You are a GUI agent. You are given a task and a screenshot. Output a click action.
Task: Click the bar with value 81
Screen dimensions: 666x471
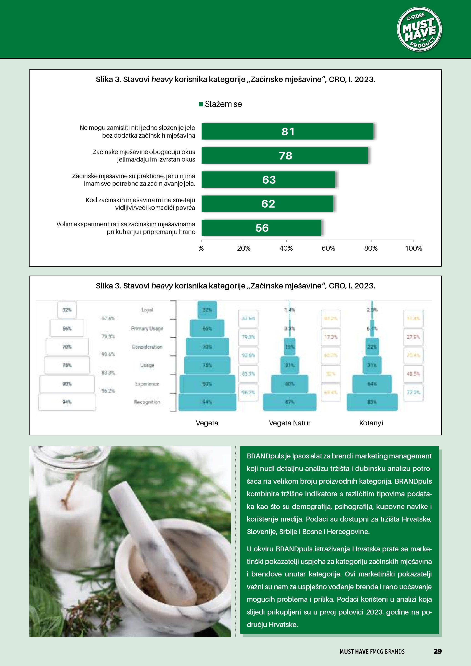pos(287,131)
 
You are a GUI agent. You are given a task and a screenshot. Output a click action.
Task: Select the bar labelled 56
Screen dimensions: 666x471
pos(261,228)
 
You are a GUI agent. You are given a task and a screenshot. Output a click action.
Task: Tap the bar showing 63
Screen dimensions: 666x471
pos(268,180)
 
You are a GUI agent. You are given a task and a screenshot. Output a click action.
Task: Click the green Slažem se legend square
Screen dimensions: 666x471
pos(201,104)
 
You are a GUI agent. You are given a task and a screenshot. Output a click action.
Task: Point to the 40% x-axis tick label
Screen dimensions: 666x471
pos(286,248)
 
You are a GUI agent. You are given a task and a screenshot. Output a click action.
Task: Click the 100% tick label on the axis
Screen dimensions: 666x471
pos(413,248)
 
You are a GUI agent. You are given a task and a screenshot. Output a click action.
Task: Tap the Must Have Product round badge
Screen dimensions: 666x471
pos(419,29)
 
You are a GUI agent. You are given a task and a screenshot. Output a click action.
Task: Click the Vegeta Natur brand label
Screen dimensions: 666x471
pos(289,423)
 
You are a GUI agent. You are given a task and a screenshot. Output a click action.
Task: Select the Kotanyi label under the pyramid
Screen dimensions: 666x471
pos(371,423)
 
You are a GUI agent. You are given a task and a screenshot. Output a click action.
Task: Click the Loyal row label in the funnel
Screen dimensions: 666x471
pos(147,310)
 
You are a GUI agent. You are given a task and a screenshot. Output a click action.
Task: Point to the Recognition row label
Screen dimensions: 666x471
pos(147,402)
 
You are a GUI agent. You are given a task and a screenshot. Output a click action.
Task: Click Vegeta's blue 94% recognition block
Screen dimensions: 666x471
pos(207,402)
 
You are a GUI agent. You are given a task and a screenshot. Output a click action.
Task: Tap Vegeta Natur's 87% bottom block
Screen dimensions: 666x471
pos(289,402)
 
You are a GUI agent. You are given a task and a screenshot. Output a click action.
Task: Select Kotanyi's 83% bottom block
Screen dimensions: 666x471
pos(372,402)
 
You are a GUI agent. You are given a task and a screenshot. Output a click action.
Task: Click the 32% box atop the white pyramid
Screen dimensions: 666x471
pos(67,310)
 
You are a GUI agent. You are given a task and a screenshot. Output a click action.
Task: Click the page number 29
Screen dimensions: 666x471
pos(437,651)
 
